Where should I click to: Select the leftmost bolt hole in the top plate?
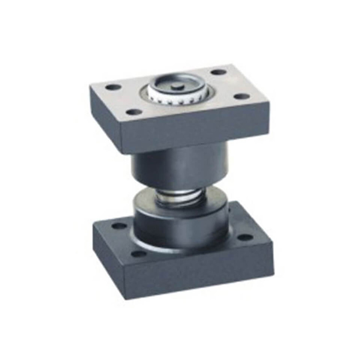(x=113, y=87)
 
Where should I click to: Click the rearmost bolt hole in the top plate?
(x=218, y=72)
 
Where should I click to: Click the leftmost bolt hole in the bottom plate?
(x=119, y=226)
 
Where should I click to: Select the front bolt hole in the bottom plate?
(x=139, y=253)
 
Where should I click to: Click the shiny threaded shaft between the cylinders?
(x=179, y=196)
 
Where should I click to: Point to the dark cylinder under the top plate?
(x=180, y=166)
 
